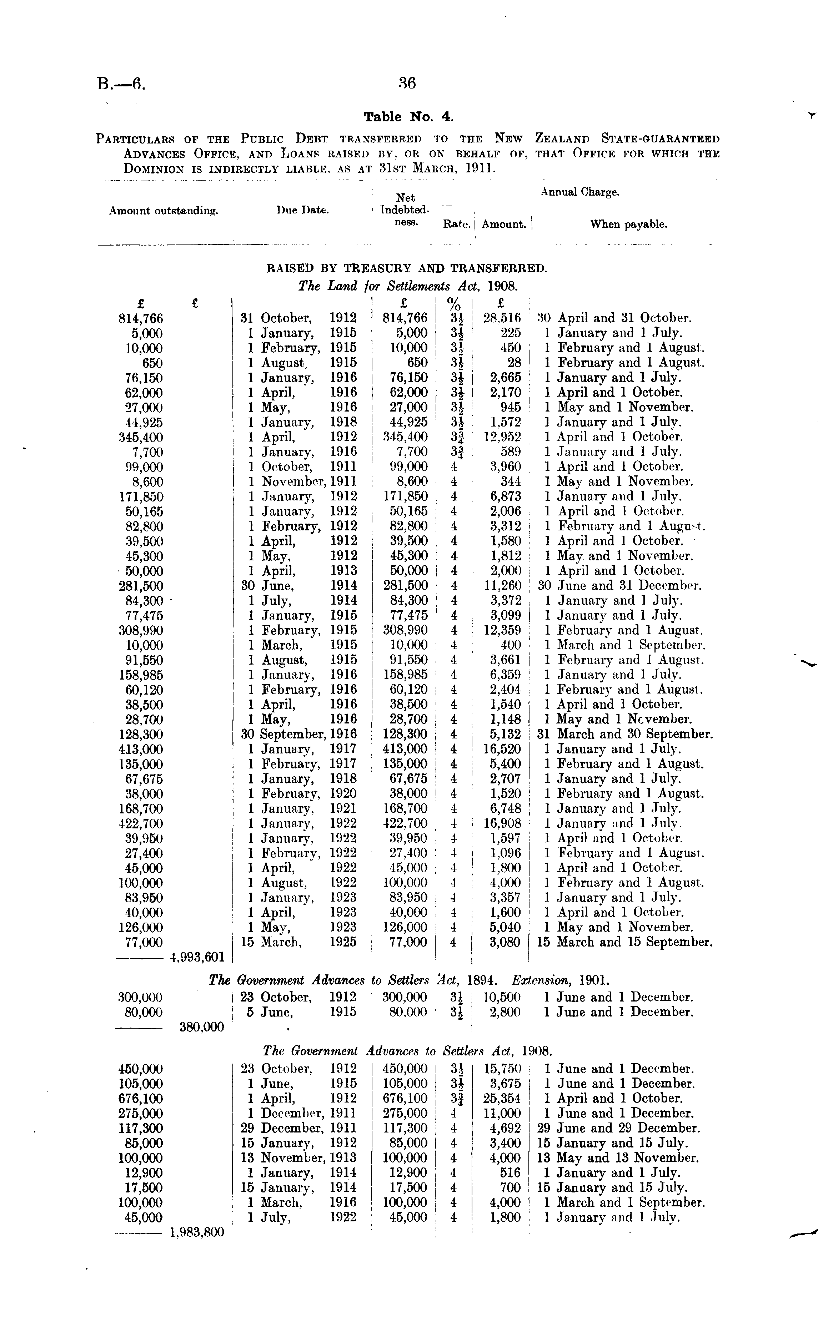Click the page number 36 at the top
click(407, 83)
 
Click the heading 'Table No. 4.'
click(408, 117)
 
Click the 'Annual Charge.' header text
click(580, 192)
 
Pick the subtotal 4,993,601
click(197, 957)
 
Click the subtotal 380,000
click(201, 1027)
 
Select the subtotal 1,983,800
click(197, 1232)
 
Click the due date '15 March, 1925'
click(298, 942)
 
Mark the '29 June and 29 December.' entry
click(618, 1128)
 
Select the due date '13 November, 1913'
click(298, 1158)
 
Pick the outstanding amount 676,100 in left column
click(141, 1098)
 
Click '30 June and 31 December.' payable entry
click(619, 586)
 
